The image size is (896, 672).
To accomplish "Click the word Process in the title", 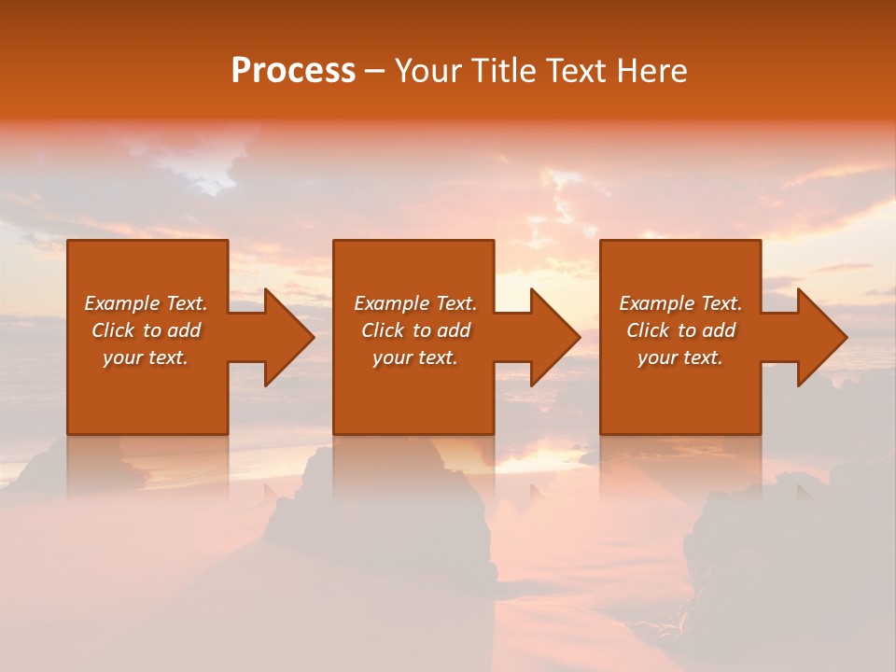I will [293, 71].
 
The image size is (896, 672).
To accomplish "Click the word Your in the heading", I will [427, 71].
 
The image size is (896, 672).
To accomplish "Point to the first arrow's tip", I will [313, 337].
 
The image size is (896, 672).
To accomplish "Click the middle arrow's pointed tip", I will [579, 337].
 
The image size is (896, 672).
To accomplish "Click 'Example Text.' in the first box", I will [146, 303].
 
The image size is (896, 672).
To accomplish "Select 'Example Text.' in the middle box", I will [415, 303].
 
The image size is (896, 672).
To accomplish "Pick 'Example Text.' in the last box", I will [680, 303].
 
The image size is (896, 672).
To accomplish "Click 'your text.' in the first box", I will [146, 357].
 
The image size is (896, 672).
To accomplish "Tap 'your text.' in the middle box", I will [415, 357].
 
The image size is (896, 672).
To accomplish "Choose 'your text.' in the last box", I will [680, 357].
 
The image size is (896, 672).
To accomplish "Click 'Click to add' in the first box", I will [146, 330].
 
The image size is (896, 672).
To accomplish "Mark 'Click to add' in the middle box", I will [415, 330].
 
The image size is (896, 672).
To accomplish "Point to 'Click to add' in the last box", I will [680, 330].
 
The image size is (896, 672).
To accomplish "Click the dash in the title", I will [374, 72].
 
